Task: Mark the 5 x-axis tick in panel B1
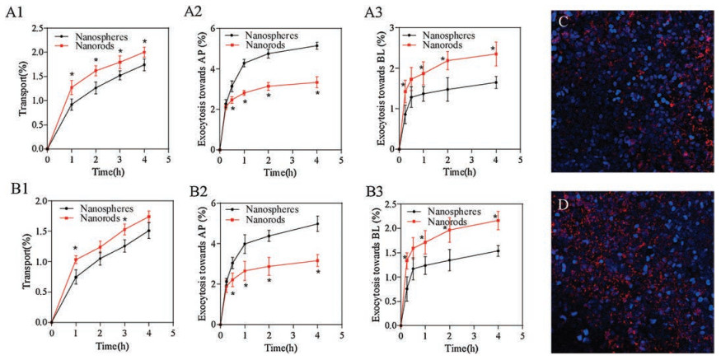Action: point(173,334)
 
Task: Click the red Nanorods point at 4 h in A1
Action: point(145,52)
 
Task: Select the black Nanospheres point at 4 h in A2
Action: point(316,45)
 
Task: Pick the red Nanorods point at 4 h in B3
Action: point(496,220)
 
